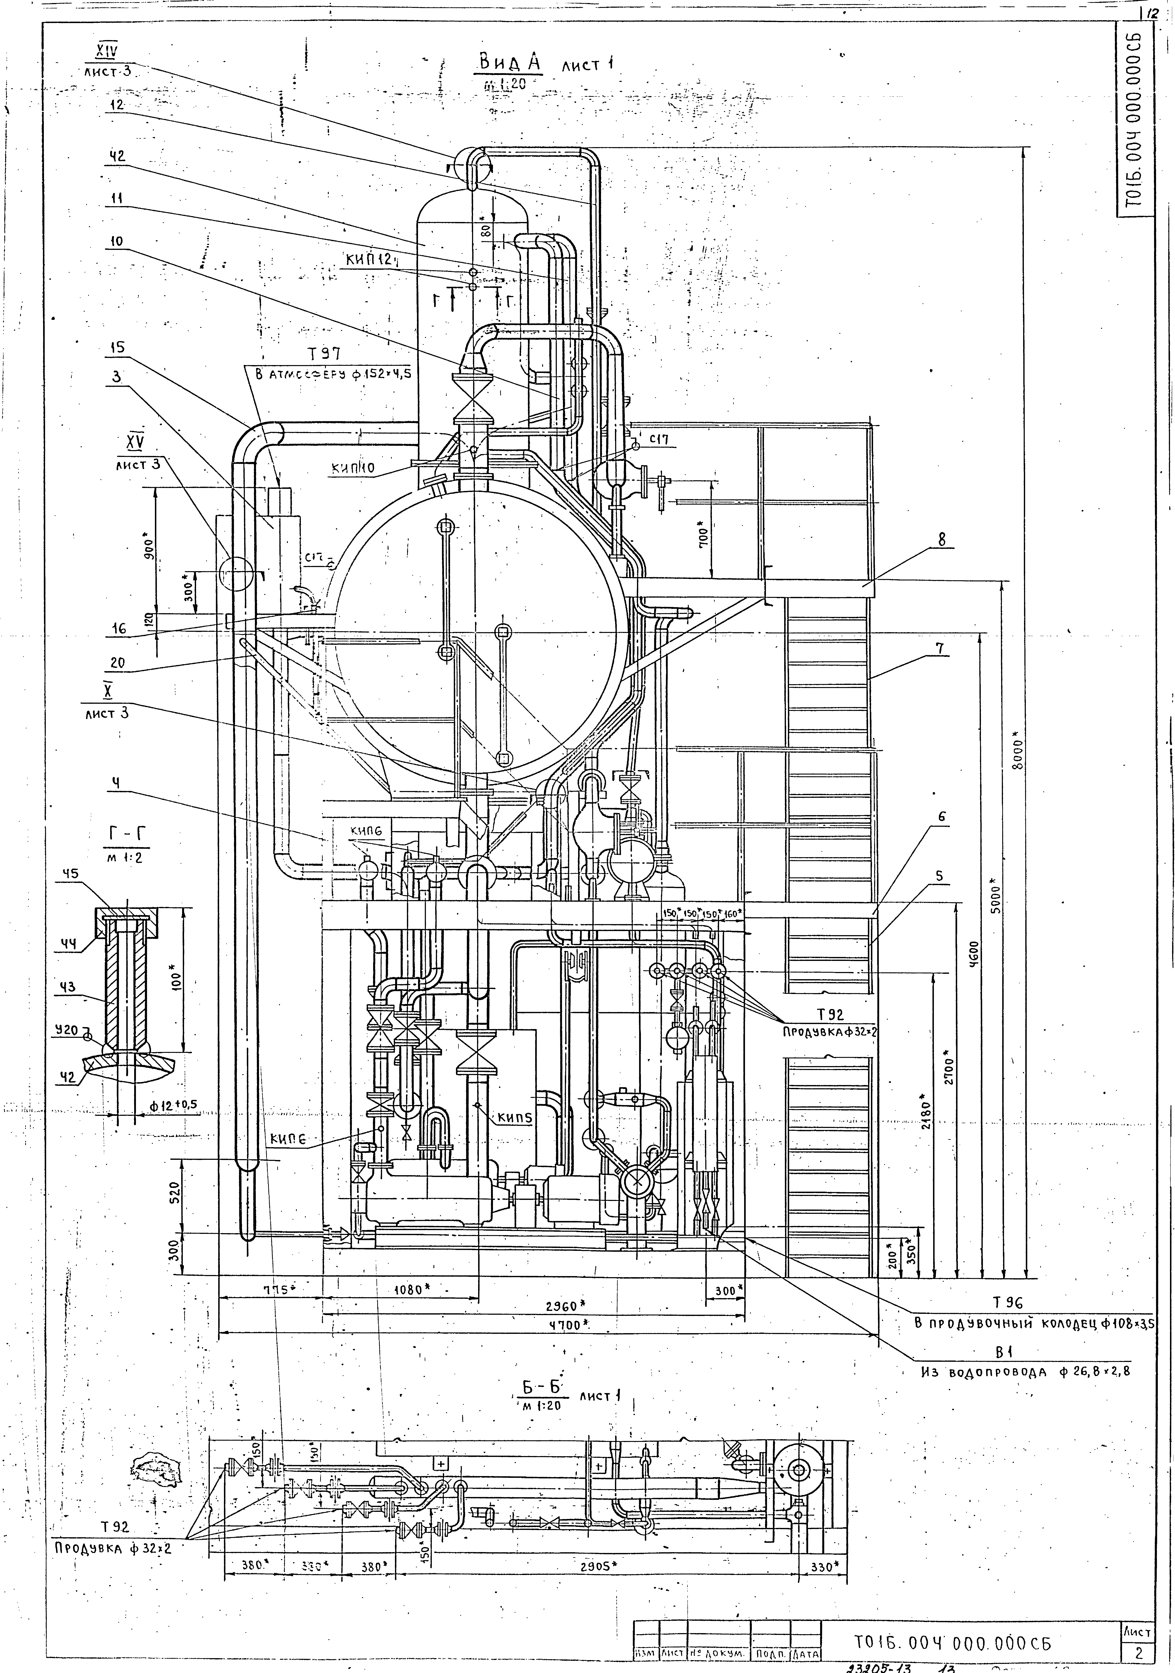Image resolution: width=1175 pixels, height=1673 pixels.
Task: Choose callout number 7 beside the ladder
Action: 941,647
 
